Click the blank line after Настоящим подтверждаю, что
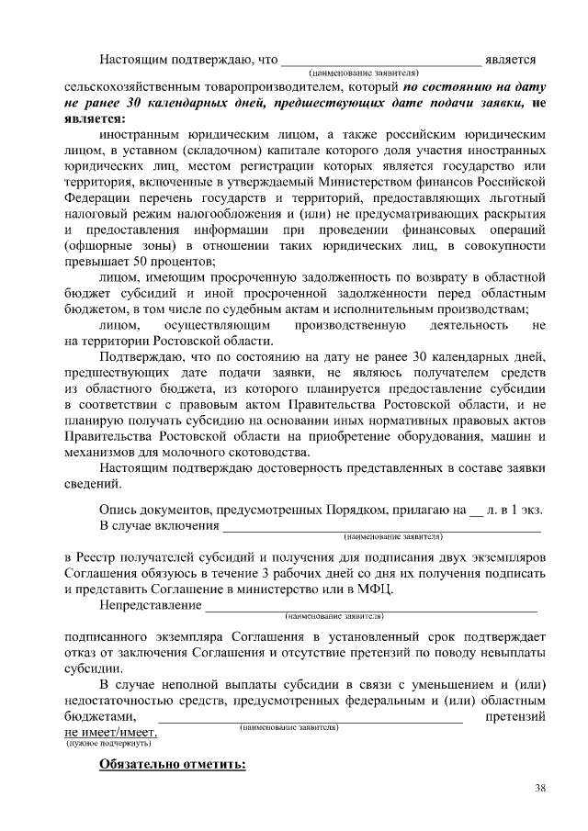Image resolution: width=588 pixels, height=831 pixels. click(x=380, y=60)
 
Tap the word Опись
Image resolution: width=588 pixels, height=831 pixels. click(x=118, y=509)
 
